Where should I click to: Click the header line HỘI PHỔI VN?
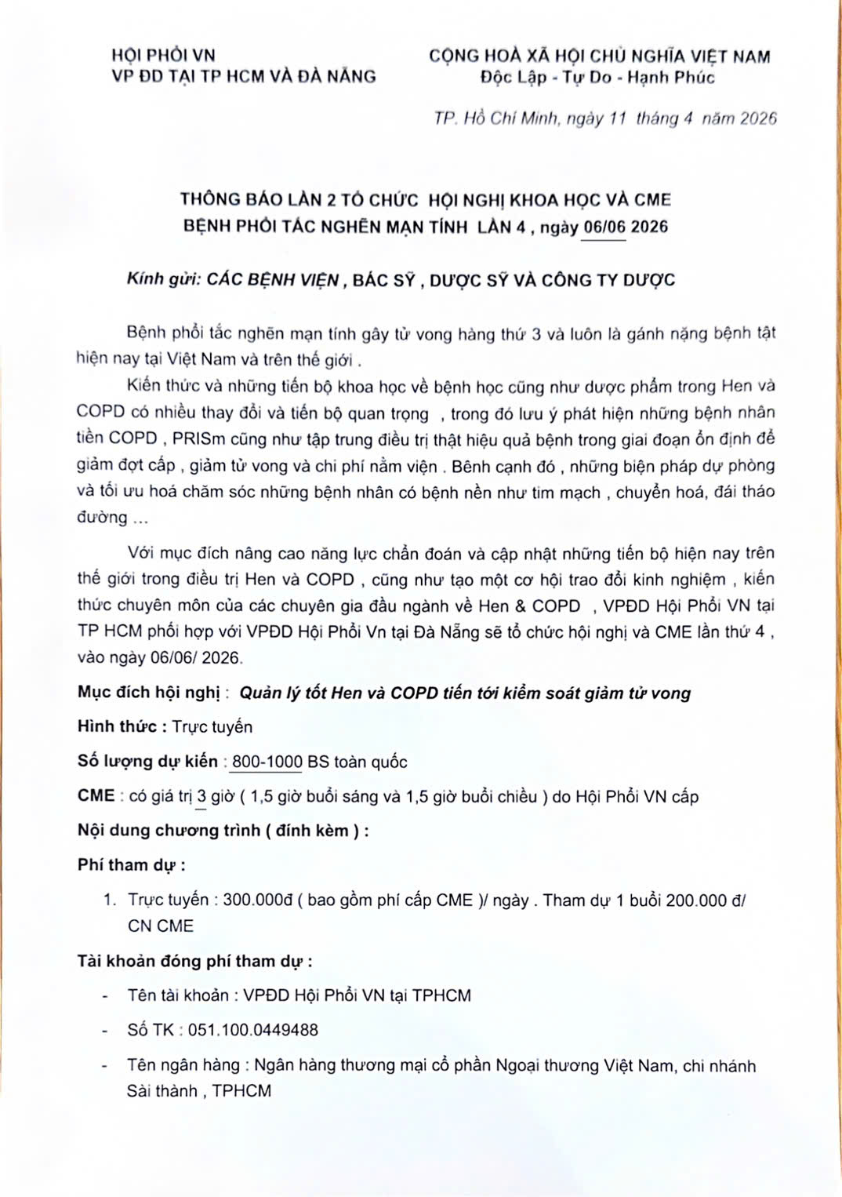(163, 55)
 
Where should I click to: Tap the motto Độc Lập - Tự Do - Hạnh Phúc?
(597, 77)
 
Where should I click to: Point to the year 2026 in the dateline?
(758, 118)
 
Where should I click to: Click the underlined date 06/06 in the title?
(604, 227)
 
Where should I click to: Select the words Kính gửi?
(164, 279)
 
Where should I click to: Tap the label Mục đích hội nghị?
(149, 692)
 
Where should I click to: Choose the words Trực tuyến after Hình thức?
(212, 726)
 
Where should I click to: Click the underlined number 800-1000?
(267, 762)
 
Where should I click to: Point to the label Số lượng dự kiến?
(147, 761)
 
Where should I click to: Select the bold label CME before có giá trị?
(96, 795)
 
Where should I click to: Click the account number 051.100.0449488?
(252, 1030)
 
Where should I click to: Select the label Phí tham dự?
(129, 864)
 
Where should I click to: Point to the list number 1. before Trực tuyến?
(110, 900)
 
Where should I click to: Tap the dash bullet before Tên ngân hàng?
(105, 1065)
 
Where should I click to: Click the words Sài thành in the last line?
(162, 1091)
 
